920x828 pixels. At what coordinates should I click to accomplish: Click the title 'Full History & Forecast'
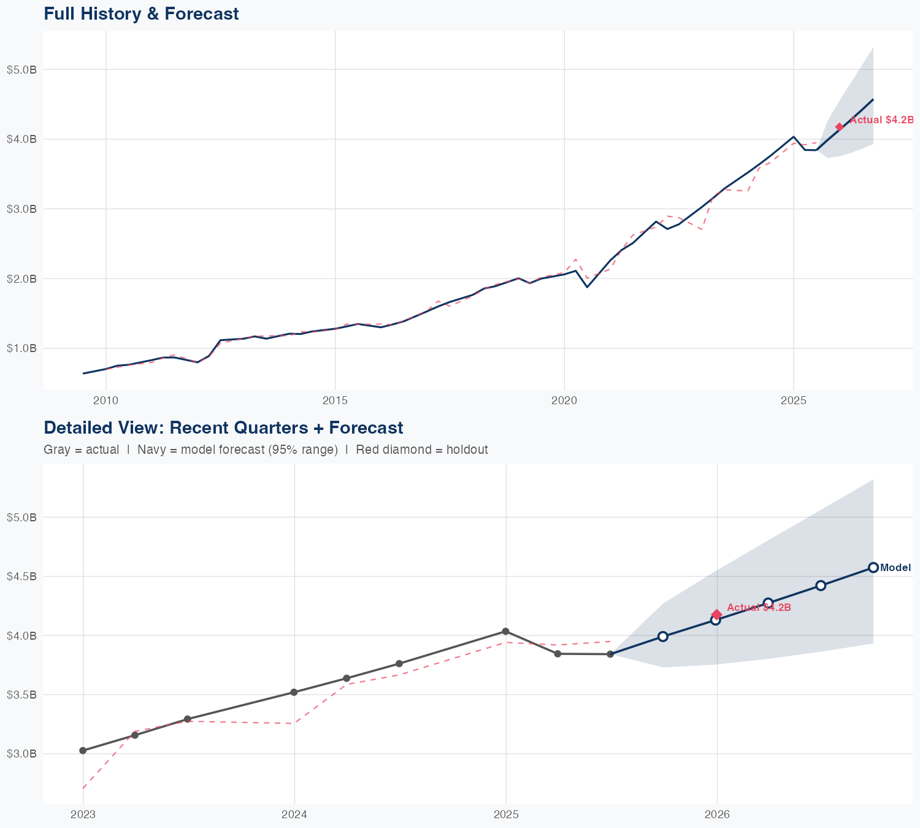[x=141, y=14]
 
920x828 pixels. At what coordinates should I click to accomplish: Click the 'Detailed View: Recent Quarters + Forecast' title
[x=223, y=427]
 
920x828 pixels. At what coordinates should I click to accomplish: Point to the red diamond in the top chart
[x=839, y=127]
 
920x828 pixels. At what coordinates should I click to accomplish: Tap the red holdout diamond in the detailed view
[x=716, y=614]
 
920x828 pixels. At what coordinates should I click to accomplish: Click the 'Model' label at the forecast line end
[x=895, y=568]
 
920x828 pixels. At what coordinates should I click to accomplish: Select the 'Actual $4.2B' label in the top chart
[x=881, y=120]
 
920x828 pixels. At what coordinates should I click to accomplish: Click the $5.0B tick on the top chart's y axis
[x=22, y=70]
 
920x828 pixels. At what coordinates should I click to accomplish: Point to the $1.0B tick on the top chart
[x=22, y=348]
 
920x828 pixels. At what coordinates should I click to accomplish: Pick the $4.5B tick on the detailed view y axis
[x=22, y=577]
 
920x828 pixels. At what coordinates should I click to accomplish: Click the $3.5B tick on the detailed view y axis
[x=22, y=695]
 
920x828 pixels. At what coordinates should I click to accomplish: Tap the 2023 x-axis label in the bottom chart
[x=83, y=815]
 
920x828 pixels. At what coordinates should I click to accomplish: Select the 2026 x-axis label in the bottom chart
[x=717, y=815]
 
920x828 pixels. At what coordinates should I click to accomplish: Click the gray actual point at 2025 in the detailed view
[x=505, y=631]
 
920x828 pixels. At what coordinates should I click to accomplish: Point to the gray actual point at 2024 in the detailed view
[x=294, y=692]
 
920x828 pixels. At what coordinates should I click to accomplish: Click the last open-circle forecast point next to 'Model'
[x=873, y=567]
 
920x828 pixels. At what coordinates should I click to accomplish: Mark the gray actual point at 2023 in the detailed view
[x=83, y=751]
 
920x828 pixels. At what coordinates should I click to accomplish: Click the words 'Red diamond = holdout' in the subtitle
[x=421, y=450]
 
